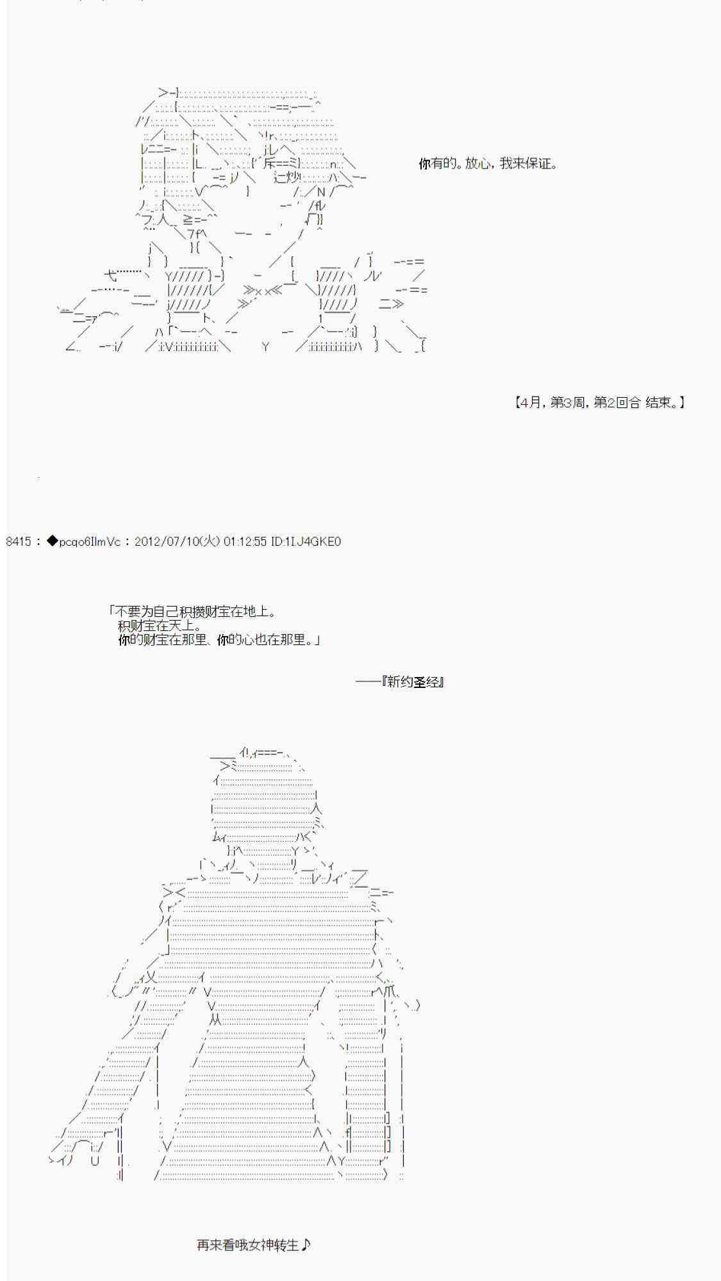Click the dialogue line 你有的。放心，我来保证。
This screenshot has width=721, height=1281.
(488, 163)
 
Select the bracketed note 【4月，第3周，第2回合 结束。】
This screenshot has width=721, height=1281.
(599, 402)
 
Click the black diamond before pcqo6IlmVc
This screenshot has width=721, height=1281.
(52, 541)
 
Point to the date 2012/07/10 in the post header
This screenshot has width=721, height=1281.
(165, 541)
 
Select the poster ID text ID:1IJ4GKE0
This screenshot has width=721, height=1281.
(306, 541)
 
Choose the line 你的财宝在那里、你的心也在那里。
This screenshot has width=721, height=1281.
(219, 639)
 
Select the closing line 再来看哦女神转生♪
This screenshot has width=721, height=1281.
(254, 1244)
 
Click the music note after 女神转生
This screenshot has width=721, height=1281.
(306, 1244)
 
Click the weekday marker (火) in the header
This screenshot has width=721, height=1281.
(208, 541)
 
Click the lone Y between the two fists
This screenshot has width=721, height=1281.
(265, 347)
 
